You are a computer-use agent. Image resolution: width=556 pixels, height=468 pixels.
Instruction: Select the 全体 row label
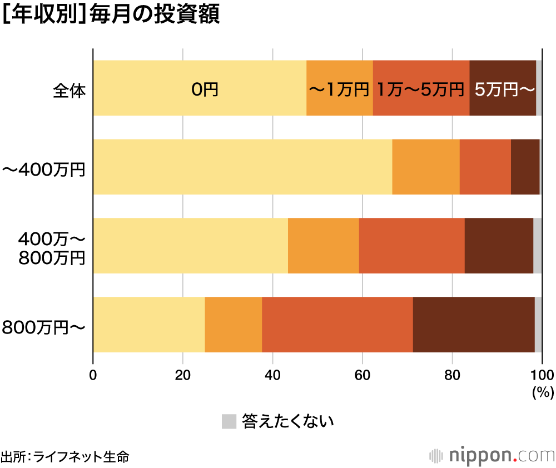[69, 89]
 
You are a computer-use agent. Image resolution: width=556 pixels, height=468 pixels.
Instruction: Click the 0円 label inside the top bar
[205, 89]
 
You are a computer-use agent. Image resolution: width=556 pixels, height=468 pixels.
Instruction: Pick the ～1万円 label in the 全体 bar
[339, 89]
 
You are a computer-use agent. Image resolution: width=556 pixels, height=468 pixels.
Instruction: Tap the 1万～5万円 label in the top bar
[421, 89]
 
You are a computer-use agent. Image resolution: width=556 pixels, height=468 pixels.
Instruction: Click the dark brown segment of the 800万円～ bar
[474, 325]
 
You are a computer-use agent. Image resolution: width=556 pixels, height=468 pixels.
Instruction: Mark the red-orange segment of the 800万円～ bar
[337, 325]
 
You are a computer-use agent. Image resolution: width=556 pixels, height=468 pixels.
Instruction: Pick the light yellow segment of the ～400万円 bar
[242, 167]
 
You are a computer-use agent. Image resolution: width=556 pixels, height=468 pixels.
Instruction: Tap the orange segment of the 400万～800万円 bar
[324, 246]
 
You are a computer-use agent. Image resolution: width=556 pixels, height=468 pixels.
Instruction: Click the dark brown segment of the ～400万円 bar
[525, 167]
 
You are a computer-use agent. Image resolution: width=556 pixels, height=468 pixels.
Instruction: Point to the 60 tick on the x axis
[363, 374]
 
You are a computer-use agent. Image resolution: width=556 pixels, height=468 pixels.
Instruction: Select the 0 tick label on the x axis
[93, 374]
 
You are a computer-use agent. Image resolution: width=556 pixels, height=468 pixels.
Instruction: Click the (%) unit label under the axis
[543, 392]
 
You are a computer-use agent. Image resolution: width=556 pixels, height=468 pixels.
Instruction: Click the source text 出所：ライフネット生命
[65, 457]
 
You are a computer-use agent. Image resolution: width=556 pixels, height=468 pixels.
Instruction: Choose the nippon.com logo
[492, 456]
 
